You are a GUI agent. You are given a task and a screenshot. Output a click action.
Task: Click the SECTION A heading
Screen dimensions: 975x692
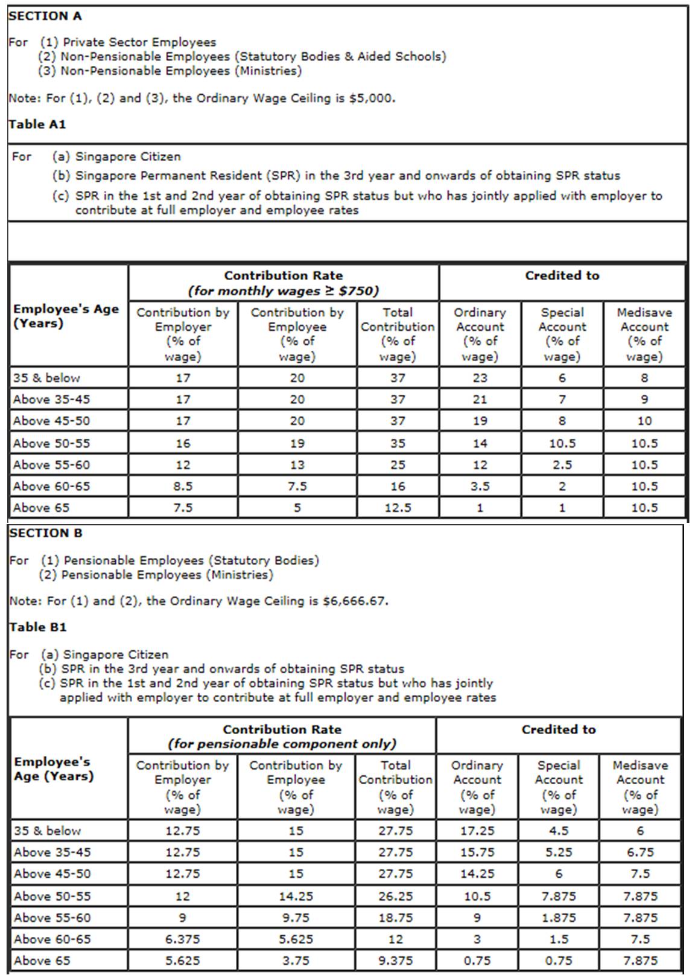coord(45,16)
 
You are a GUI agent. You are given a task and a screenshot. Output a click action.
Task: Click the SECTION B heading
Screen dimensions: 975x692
coord(46,533)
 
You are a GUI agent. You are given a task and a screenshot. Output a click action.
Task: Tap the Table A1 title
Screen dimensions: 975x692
coord(37,124)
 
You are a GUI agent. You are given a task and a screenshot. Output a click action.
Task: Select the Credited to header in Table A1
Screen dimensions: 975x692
coord(562,276)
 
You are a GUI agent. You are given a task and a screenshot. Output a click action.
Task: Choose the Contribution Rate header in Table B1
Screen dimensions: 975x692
coord(282,729)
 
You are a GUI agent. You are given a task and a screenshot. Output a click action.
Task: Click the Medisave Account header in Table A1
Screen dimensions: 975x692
coord(644,334)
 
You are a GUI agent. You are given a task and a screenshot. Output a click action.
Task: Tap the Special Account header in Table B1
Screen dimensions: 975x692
coord(559,787)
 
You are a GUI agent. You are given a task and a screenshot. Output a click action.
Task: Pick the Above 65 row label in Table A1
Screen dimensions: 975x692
coord(41,508)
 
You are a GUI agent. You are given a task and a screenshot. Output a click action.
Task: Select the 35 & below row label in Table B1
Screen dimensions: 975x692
coord(47,831)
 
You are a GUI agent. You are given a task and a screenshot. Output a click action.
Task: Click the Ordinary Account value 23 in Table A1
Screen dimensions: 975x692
coord(480,378)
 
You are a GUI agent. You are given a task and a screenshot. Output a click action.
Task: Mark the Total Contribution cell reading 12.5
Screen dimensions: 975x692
coord(398,508)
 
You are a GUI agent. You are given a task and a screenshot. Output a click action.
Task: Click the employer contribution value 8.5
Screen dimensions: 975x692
coord(183,486)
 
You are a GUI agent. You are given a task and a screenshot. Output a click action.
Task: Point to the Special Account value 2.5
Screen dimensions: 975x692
coord(562,465)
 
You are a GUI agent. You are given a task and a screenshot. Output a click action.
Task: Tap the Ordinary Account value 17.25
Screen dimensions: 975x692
coord(477,831)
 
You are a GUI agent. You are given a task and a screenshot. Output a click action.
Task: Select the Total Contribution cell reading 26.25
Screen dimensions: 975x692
coord(395,897)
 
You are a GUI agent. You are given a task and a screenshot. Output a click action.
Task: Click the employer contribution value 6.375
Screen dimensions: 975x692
coord(183,939)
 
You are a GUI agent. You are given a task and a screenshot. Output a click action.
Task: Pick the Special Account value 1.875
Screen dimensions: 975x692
coord(559,918)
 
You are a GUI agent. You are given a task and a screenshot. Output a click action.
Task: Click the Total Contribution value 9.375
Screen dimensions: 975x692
coord(395,961)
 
